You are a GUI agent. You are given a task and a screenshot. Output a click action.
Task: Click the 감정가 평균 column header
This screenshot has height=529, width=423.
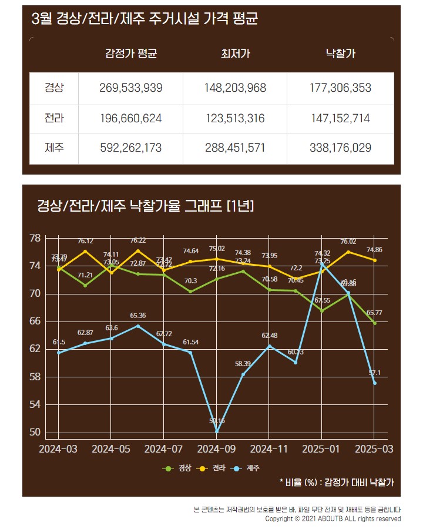pyautogui.click(x=130, y=54)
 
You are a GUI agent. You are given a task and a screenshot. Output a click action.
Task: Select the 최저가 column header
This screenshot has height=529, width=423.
pyautogui.click(x=235, y=54)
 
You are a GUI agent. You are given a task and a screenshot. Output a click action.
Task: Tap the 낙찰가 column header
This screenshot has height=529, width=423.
pyautogui.click(x=340, y=54)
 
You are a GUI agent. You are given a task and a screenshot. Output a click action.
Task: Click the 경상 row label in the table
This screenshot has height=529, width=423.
pyautogui.click(x=54, y=88)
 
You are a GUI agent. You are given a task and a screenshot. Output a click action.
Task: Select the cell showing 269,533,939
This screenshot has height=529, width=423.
pyautogui.click(x=130, y=88)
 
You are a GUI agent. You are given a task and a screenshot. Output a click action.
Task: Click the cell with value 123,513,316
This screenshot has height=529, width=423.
pyautogui.click(x=235, y=118)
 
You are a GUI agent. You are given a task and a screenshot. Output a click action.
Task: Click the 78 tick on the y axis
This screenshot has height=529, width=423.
pyautogui.click(x=35, y=238)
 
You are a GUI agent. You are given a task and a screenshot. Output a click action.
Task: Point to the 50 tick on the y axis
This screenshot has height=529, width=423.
pyautogui.click(x=35, y=432)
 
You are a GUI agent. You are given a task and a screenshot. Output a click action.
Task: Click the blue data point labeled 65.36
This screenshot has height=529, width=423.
pyautogui.click(x=138, y=326)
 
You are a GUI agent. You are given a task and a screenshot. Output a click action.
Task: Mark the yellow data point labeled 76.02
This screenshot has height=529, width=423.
pyautogui.click(x=348, y=252)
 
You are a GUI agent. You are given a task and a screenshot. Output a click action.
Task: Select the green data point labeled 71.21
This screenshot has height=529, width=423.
pyautogui.click(x=85, y=286)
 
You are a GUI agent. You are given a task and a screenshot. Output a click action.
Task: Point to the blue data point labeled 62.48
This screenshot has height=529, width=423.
pyautogui.click(x=269, y=346)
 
